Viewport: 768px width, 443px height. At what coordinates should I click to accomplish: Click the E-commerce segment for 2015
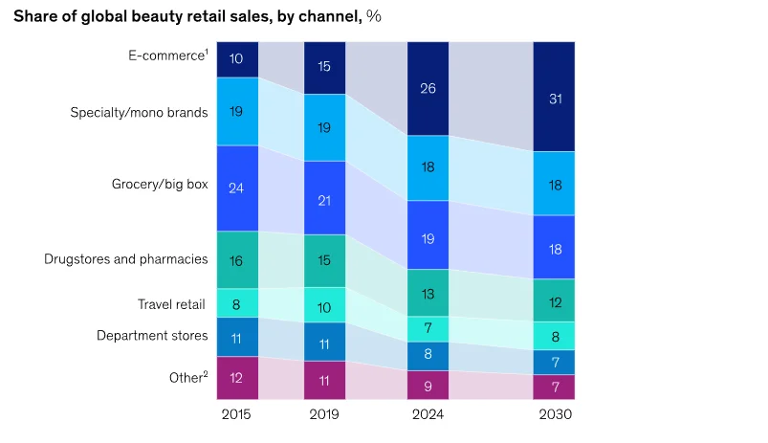pyautogui.click(x=237, y=59)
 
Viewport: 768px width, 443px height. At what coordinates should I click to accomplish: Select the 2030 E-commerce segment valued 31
pyautogui.click(x=554, y=97)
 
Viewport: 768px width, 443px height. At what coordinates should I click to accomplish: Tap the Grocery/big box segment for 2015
pyautogui.click(x=237, y=188)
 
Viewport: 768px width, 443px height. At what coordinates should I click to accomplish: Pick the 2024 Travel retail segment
pyautogui.click(x=428, y=329)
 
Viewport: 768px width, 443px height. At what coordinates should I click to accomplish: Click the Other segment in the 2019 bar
pyautogui.click(x=324, y=380)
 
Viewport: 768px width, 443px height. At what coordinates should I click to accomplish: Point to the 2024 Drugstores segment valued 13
pyautogui.click(x=428, y=293)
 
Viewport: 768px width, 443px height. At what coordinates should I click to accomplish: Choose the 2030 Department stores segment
pyautogui.click(x=554, y=362)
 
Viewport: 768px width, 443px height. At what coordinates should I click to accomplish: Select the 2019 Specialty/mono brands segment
pyautogui.click(x=324, y=127)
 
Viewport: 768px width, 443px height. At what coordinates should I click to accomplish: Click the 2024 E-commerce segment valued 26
pyautogui.click(x=428, y=89)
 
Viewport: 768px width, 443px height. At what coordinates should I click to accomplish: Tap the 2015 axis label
pyautogui.click(x=236, y=414)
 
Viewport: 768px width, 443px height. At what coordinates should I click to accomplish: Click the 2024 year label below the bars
pyautogui.click(x=428, y=414)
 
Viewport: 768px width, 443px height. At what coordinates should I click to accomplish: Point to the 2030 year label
pyautogui.click(x=556, y=414)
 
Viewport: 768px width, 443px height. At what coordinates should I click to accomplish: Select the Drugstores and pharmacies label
pyautogui.click(x=126, y=258)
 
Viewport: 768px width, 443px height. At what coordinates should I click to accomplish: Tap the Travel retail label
pyautogui.click(x=171, y=304)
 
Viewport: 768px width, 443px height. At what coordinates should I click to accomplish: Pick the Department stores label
pyautogui.click(x=152, y=336)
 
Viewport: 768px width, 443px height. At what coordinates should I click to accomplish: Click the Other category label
pyautogui.click(x=188, y=377)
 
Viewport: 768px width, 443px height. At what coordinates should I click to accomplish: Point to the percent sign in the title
pyautogui.click(x=374, y=16)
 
